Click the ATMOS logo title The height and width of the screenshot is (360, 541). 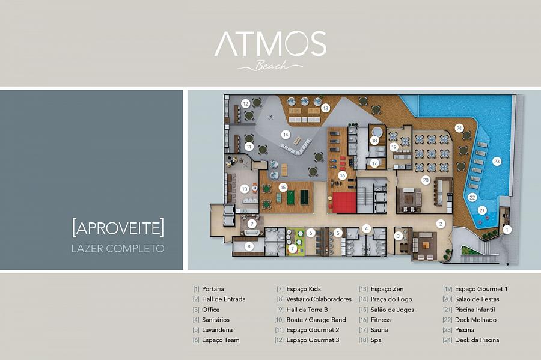[x=270, y=43]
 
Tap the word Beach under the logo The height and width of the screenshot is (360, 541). [x=271, y=65]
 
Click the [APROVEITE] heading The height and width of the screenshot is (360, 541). [x=118, y=228]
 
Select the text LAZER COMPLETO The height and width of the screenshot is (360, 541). [x=118, y=248]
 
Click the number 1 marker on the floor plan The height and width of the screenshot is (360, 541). [x=507, y=230]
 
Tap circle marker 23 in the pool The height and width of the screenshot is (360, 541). [x=497, y=162]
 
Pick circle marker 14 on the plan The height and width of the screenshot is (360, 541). [x=286, y=135]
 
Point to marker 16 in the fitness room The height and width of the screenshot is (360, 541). [x=342, y=175]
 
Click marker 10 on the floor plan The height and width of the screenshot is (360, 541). [x=245, y=189]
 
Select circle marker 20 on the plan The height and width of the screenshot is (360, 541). [x=426, y=180]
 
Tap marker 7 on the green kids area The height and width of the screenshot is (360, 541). [x=292, y=249]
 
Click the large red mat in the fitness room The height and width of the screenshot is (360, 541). [x=344, y=203]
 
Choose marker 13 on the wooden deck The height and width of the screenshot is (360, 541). [x=325, y=108]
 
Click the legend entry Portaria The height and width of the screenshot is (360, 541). [x=213, y=289]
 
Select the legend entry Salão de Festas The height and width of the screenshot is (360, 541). [x=477, y=299]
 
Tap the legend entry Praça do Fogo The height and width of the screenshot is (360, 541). [x=391, y=299]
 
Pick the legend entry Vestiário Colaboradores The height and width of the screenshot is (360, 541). [x=319, y=299]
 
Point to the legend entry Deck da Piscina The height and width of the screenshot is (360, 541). [x=477, y=340]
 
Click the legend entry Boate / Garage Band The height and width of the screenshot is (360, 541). [x=316, y=320]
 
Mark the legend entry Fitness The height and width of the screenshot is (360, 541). [x=381, y=320]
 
